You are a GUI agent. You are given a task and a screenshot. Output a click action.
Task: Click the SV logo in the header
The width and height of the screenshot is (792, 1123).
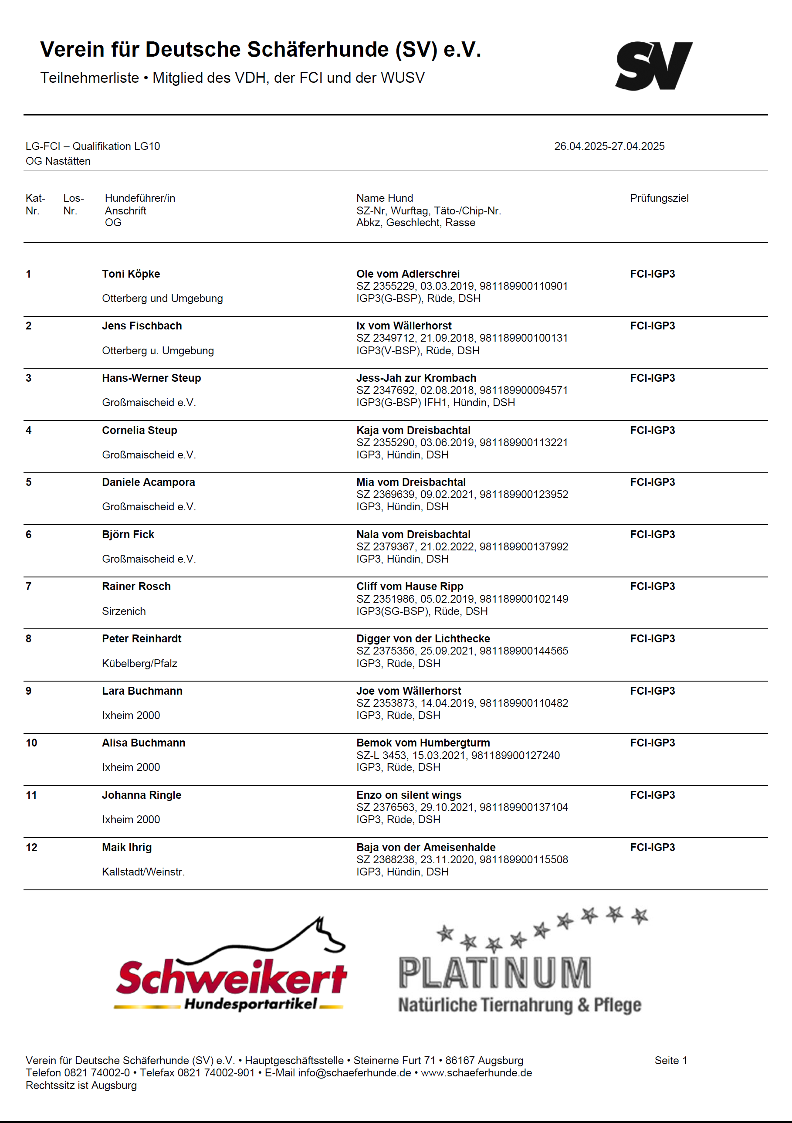click(653, 66)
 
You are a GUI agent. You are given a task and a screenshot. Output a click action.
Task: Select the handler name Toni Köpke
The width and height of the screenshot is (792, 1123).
click(131, 274)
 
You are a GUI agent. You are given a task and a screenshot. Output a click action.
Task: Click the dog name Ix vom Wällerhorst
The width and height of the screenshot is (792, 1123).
click(403, 326)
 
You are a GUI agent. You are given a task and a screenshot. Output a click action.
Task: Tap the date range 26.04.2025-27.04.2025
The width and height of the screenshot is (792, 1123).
click(609, 146)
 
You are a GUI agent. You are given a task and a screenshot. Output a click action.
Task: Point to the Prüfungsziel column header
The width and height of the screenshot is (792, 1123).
click(659, 198)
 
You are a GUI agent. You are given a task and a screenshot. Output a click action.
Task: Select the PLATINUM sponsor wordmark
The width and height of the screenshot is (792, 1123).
click(494, 974)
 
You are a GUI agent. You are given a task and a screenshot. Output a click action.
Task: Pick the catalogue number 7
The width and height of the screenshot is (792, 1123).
click(29, 587)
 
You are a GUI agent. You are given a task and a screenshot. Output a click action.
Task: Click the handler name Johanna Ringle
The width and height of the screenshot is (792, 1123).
click(141, 795)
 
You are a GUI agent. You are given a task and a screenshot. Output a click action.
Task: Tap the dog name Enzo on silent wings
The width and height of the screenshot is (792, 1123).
click(408, 795)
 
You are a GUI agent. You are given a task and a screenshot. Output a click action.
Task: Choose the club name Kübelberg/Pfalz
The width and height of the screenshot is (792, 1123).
click(139, 664)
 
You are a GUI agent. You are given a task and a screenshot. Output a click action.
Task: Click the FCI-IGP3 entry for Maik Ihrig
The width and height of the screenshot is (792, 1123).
click(652, 848)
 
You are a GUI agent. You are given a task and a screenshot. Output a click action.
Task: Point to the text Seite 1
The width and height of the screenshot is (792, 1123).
click(670, 1060)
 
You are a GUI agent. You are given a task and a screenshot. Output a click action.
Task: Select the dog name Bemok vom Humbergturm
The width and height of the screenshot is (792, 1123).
click(423, 743)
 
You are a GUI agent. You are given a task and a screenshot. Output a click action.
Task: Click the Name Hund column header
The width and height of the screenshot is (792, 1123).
click(384, 198)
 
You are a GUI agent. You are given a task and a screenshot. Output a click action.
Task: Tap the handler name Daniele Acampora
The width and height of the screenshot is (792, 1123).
click(148, 482)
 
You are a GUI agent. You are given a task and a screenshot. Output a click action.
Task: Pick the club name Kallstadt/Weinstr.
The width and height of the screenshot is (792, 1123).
click(143, 872)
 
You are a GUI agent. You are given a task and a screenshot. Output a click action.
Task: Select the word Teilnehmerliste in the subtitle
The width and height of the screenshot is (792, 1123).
click(89, 78)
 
